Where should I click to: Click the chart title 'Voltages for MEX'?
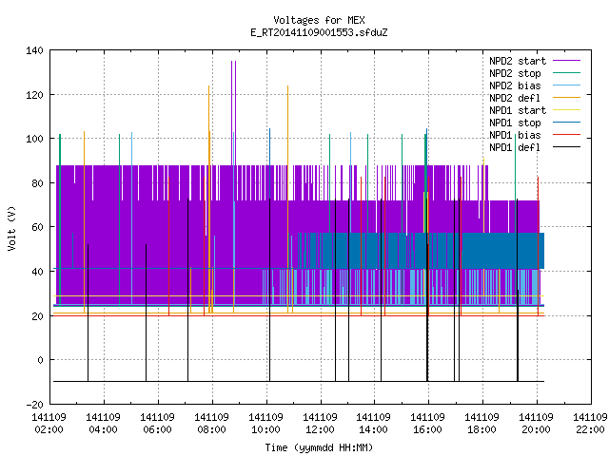tap(319, 20)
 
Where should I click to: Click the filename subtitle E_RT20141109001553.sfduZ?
tap(319, 32)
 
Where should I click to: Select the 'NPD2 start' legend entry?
tap(535, 61)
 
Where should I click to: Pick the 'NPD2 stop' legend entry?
tap(535, 73)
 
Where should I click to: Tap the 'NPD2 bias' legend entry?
tap(535, 85)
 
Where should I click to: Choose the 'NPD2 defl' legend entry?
tap(535, 98)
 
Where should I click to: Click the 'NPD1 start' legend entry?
tap(535, 110)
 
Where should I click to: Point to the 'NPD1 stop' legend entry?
tap(535, 123)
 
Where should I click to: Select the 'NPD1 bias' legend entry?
tap(535, 135)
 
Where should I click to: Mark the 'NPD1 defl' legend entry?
tap(535, 147)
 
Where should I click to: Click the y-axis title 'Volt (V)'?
tap(11, 228)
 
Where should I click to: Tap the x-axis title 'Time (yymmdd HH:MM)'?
tap(319, 447)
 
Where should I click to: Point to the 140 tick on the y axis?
tap(34, 50)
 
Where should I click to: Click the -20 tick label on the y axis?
tap(34, 405)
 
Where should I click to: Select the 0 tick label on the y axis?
tap(40, 360)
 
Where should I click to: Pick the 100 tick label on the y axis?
tap(34, 139)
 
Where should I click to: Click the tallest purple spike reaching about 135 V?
tap(233, 112)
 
